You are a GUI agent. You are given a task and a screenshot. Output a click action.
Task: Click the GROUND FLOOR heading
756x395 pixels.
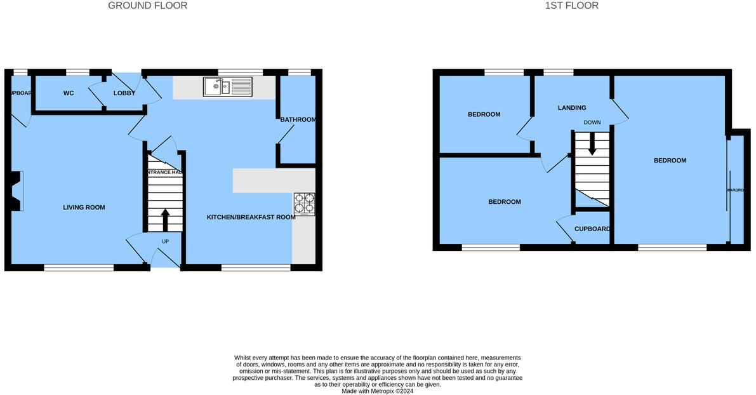coord(147,6)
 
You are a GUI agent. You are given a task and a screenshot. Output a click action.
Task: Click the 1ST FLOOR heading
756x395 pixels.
coord(571,6)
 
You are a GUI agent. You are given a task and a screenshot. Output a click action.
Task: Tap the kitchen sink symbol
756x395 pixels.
coord(227,86)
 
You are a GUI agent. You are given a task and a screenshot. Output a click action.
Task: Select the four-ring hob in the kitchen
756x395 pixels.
coord(304,204)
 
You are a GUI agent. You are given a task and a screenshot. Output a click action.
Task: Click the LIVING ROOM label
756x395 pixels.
coord(84,208)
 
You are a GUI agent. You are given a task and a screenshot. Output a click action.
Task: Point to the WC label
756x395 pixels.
coord(69,93)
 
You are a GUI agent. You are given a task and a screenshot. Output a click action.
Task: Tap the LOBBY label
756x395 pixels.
coord(124,93)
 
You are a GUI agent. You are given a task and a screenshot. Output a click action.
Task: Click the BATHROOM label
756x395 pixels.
coord(298,119)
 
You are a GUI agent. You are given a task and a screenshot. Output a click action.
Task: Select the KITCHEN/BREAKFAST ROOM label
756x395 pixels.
coord(251,217)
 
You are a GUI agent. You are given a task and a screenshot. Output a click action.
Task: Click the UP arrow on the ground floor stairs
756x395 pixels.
coord(165,220)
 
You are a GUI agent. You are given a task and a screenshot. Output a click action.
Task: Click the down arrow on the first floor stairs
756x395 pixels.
coord(592,144)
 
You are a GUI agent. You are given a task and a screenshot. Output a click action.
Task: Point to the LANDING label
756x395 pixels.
coord(572,108)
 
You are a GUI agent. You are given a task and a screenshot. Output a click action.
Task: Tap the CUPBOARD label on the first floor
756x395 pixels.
coord(592,229)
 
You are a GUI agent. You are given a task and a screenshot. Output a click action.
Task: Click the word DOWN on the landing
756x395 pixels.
coord(592,123)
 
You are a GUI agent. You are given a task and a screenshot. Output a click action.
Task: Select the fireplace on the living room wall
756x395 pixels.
coord(15,191)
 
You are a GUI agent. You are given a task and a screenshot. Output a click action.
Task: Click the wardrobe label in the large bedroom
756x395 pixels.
coord(734,190)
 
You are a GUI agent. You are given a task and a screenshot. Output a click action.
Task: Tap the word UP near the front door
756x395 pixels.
coord(166,241)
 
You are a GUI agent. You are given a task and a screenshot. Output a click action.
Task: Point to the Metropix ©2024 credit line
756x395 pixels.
coord(377,391)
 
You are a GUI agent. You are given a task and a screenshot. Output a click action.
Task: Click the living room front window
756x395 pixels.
coord(79,267)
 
